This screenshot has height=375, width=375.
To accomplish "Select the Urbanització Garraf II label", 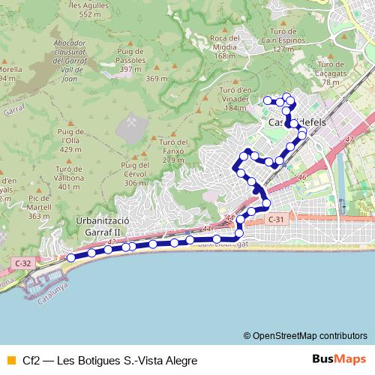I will click(x=103, y=226).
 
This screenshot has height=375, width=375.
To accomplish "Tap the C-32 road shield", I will click(x=23, y=262).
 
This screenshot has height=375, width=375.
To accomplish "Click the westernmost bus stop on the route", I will click(x=71, y=257).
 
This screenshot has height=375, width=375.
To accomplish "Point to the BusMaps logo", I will click(x=340, y=359).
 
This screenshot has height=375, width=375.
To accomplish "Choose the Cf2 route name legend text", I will click(x=109, y=360).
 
